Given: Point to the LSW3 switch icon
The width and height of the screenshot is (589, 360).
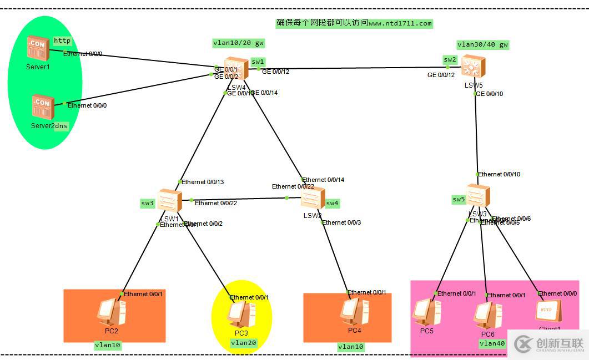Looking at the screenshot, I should tap(478, 196).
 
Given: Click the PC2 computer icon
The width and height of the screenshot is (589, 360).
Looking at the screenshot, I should tap(111, 313).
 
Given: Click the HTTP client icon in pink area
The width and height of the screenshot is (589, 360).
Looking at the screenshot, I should tap(548, 311).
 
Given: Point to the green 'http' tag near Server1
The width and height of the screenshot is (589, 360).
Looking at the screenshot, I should tap(62, 40).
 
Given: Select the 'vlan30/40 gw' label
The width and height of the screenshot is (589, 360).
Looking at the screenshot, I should tap(482, 45).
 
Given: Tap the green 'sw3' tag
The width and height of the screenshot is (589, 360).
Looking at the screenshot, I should tap(147, 203).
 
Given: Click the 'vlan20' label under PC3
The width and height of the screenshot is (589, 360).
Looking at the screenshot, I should tap(244, 343).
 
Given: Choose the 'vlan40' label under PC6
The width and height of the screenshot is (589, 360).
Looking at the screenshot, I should tap(492, 344).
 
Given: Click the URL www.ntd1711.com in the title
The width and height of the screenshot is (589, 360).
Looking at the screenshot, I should tap(400, 23).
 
